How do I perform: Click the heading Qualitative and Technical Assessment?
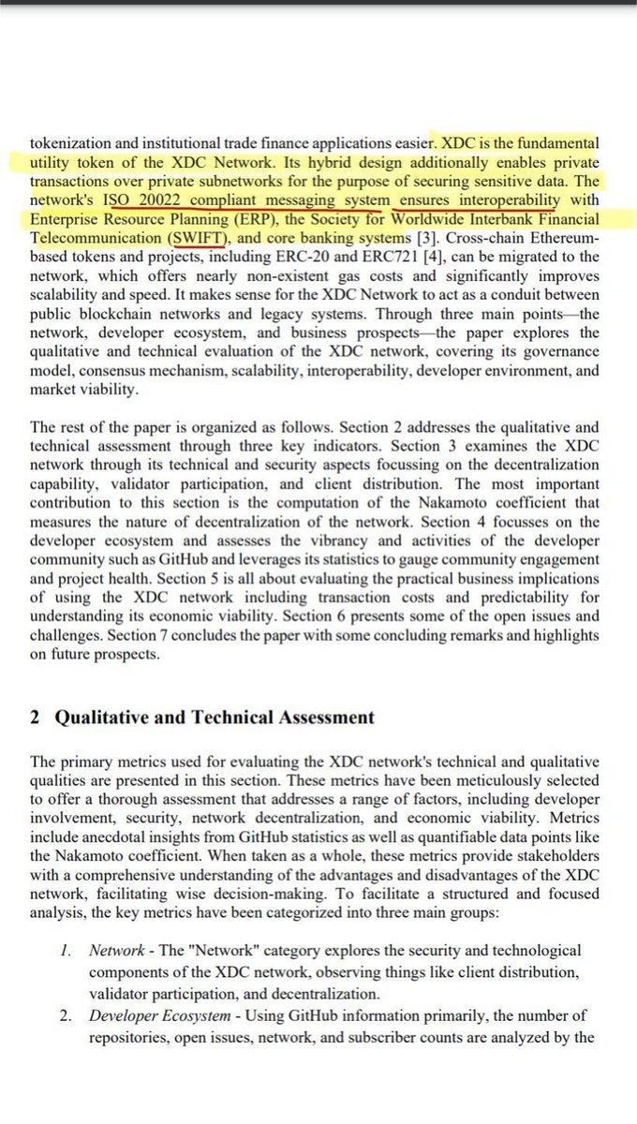(x=215, y=717)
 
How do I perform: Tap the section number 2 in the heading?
(x=35, y=717)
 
